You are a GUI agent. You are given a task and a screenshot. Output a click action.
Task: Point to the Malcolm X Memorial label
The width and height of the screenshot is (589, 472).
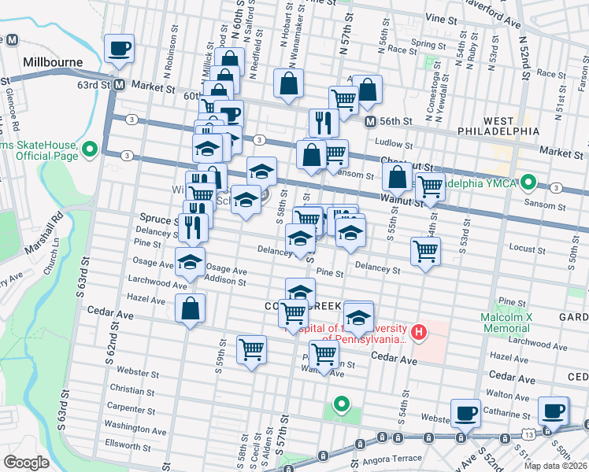click(513, 322)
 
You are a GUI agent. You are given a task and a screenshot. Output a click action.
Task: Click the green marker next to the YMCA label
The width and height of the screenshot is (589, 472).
click(529, 186)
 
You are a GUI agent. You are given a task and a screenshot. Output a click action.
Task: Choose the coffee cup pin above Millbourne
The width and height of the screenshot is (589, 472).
click(120, 49)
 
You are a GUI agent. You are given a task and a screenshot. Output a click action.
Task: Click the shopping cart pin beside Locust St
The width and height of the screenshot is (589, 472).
click(425, 252)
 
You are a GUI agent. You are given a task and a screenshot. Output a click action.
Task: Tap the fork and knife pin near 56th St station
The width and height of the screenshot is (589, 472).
click(324, 122)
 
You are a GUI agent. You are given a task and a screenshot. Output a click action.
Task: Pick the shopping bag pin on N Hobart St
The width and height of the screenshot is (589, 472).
click(289, 82)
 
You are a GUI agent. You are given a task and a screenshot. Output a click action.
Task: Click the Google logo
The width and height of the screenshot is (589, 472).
click(27, 462)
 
